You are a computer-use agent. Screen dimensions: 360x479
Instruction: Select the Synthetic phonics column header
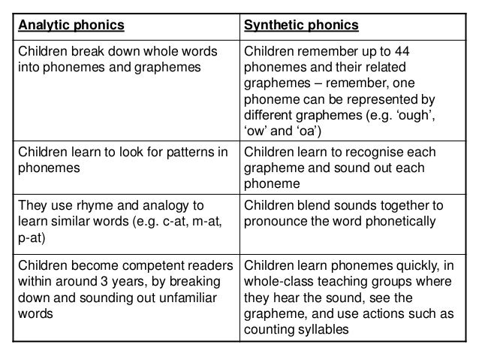click(302, 26)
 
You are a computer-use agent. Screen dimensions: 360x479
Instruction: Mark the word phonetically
click(397, 222)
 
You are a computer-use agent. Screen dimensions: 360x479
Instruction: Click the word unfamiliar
click(187, 298)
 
